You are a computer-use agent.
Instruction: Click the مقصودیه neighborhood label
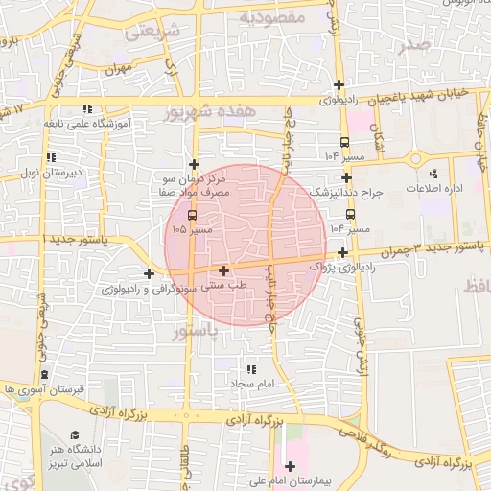pos(271,17)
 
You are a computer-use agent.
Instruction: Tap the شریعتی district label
pos(152,30)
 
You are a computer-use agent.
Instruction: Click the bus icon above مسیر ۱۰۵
pos(192,215)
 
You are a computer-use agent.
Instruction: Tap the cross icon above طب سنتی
pos(223,270)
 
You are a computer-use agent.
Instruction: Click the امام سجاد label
pos(251,384)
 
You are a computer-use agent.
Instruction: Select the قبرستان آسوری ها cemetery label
pos(44,389)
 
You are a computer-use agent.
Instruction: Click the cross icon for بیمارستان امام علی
pos(291,466)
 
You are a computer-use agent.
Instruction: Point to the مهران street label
pos(118,69)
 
